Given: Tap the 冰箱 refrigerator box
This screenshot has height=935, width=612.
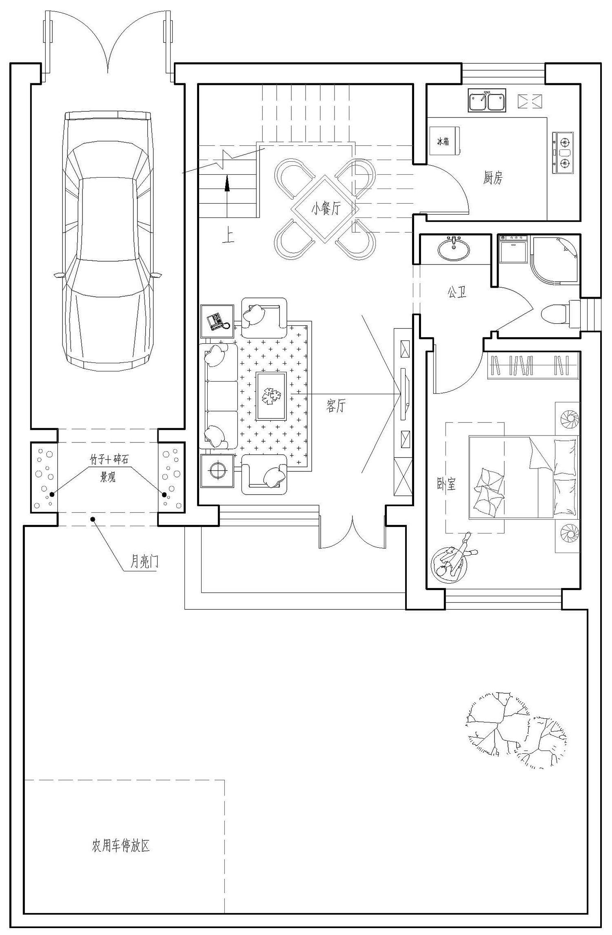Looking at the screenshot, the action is [x=445, y=141].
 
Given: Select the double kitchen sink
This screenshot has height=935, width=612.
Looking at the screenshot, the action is [x=486, y=101].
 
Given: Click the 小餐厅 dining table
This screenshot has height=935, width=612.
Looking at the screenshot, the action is [x=325, y=209].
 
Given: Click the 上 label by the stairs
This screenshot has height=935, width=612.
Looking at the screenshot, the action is [x=228, y=237].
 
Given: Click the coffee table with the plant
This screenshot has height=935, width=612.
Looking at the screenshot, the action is [x=271, y=395].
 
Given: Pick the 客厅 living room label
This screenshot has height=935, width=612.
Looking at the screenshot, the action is [x=336, y=406].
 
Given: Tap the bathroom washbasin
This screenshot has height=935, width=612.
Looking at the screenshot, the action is [x=453, y=249].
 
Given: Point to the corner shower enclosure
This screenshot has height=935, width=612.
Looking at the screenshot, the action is [x=554, y=260].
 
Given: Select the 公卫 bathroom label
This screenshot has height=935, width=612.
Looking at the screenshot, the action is [x=457, y=292].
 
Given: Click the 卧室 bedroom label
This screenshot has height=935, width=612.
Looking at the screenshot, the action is [x=446, y=484].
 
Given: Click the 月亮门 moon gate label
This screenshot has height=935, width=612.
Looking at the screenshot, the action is [x=144, y=563].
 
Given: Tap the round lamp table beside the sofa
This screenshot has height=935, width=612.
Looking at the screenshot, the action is [x=217, y=471].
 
